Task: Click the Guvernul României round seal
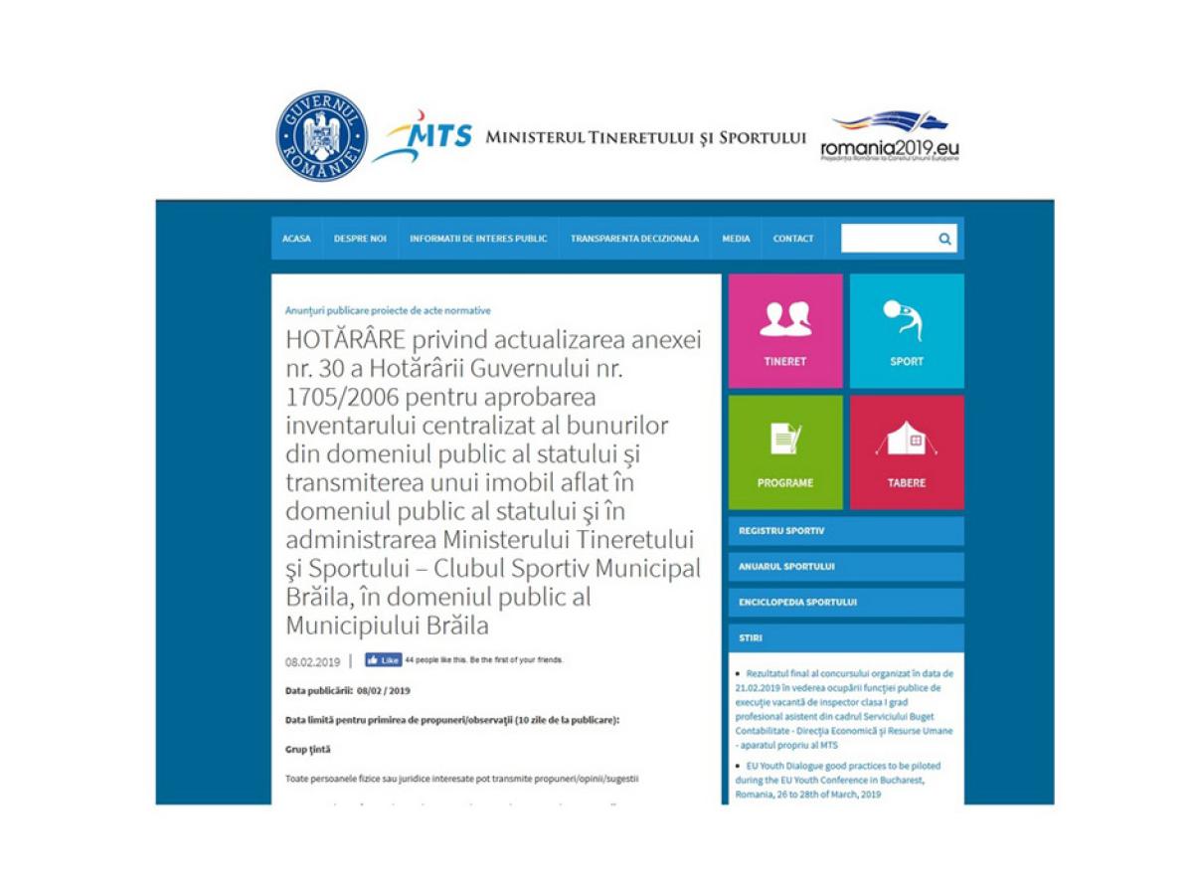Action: (x=322, y=136)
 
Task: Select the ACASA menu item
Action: (x=296, y=239)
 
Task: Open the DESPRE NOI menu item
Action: (x=360, y=239)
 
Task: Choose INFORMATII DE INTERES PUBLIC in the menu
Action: (x=478, y=239)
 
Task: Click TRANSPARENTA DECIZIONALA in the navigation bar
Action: (x=634, y=239)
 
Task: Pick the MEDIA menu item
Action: (x=737, y=239)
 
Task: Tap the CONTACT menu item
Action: (x=793, y=239)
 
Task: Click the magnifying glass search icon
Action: (x=944, y=239)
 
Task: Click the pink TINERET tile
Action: (x=785, y=331)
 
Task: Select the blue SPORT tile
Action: (x=907, y=331)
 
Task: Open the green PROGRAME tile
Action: (x=785, y=452)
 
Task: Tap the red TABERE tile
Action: (x=907, y=452)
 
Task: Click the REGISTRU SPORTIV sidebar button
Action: (x=846, y=531)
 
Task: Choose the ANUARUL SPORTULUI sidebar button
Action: (x=846, y=567)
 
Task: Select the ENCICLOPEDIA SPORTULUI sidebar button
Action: (x=846, y=603)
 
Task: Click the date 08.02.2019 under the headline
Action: (x=313, y=661)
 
